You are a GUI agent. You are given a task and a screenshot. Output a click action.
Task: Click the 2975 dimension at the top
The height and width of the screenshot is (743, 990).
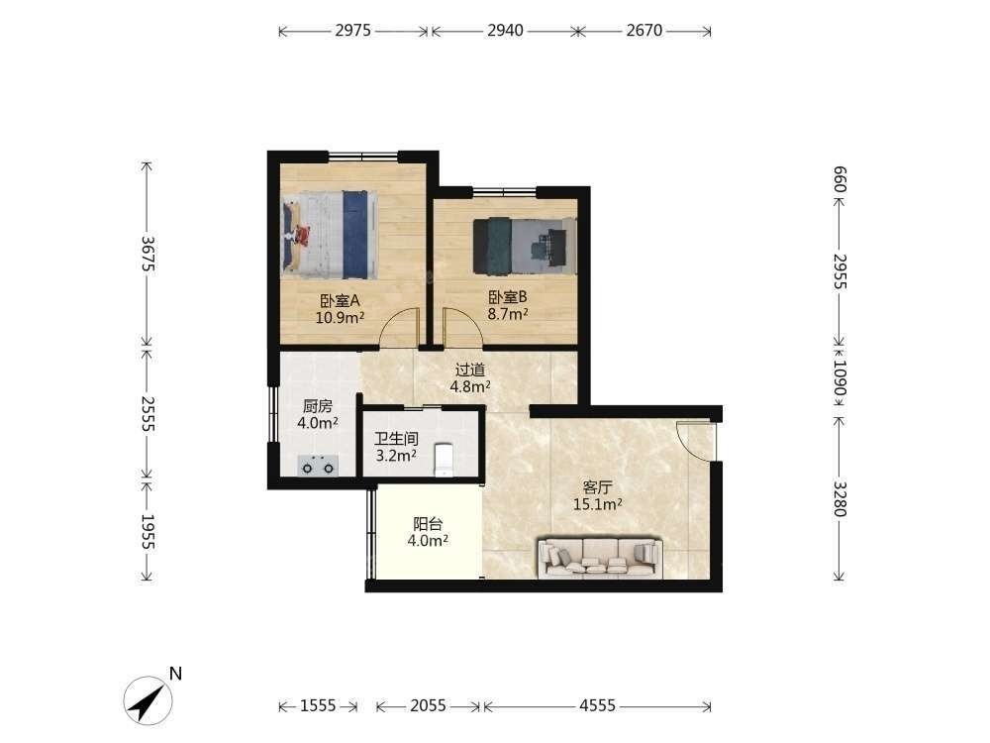point(353,31)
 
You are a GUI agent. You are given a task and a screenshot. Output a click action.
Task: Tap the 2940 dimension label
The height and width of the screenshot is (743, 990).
point(505,31)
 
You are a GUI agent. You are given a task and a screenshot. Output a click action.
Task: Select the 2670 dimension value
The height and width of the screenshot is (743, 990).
point(644,31)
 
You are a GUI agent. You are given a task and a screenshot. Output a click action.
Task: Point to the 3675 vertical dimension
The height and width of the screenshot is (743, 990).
point(148,254)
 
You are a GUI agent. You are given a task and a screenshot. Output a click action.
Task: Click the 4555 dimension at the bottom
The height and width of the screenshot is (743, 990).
point(597,705)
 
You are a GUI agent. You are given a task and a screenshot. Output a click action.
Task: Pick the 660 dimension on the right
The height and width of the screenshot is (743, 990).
point(840,179)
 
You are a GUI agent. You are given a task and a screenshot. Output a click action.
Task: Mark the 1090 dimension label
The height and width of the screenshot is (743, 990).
point(840,377)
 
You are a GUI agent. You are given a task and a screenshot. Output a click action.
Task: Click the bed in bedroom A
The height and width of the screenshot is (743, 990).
point(330,235)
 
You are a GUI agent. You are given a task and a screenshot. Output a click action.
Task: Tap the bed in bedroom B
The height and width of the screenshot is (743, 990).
point(526,247)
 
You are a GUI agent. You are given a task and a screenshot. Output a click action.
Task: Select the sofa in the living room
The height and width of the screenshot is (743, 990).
point(600,558)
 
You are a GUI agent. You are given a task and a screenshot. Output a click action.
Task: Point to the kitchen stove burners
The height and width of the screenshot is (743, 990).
point(318,466)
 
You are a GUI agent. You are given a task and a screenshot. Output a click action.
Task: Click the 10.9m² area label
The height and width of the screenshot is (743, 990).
point(340,317)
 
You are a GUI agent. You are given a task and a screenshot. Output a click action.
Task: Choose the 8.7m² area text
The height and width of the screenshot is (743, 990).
point(508,313)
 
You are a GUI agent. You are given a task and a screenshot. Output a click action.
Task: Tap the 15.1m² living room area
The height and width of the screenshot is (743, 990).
point(598,504)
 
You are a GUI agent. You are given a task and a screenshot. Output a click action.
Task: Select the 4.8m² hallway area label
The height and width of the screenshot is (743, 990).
point(469,386)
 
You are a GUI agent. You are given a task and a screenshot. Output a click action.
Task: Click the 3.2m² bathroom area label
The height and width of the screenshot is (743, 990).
point(396,455)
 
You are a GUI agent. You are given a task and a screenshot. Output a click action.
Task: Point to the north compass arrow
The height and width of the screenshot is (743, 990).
point(148,701)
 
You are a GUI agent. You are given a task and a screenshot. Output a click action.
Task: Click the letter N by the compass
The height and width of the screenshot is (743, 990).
point(175,674)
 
